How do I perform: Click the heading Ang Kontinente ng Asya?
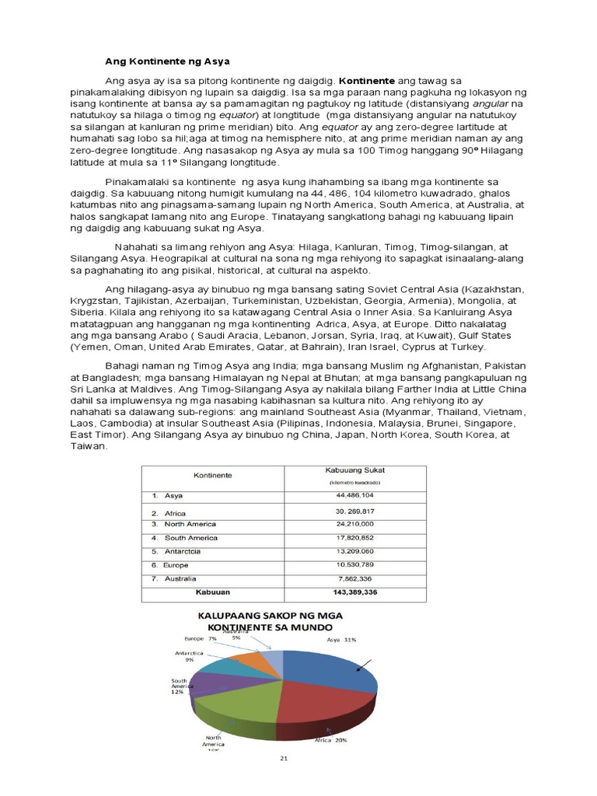(168, 61)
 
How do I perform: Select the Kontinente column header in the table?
(212, 474)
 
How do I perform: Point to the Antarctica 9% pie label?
(189, 656)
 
